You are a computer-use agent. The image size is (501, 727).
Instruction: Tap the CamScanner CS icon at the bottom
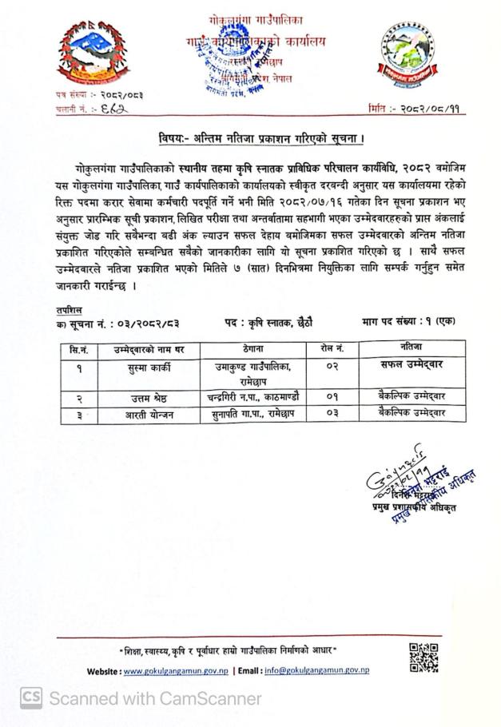pyautogui.click(x=31, y=697)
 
